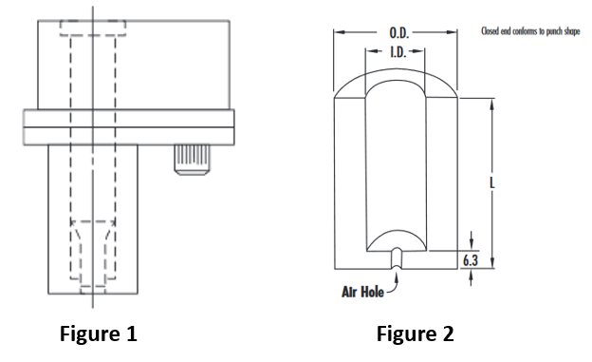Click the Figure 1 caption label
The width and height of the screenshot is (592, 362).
99,334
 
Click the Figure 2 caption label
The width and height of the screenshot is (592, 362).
415,334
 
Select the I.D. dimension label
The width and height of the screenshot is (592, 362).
399,53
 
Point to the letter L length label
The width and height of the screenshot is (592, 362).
492,184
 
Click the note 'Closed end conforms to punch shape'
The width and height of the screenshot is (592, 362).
530,32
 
